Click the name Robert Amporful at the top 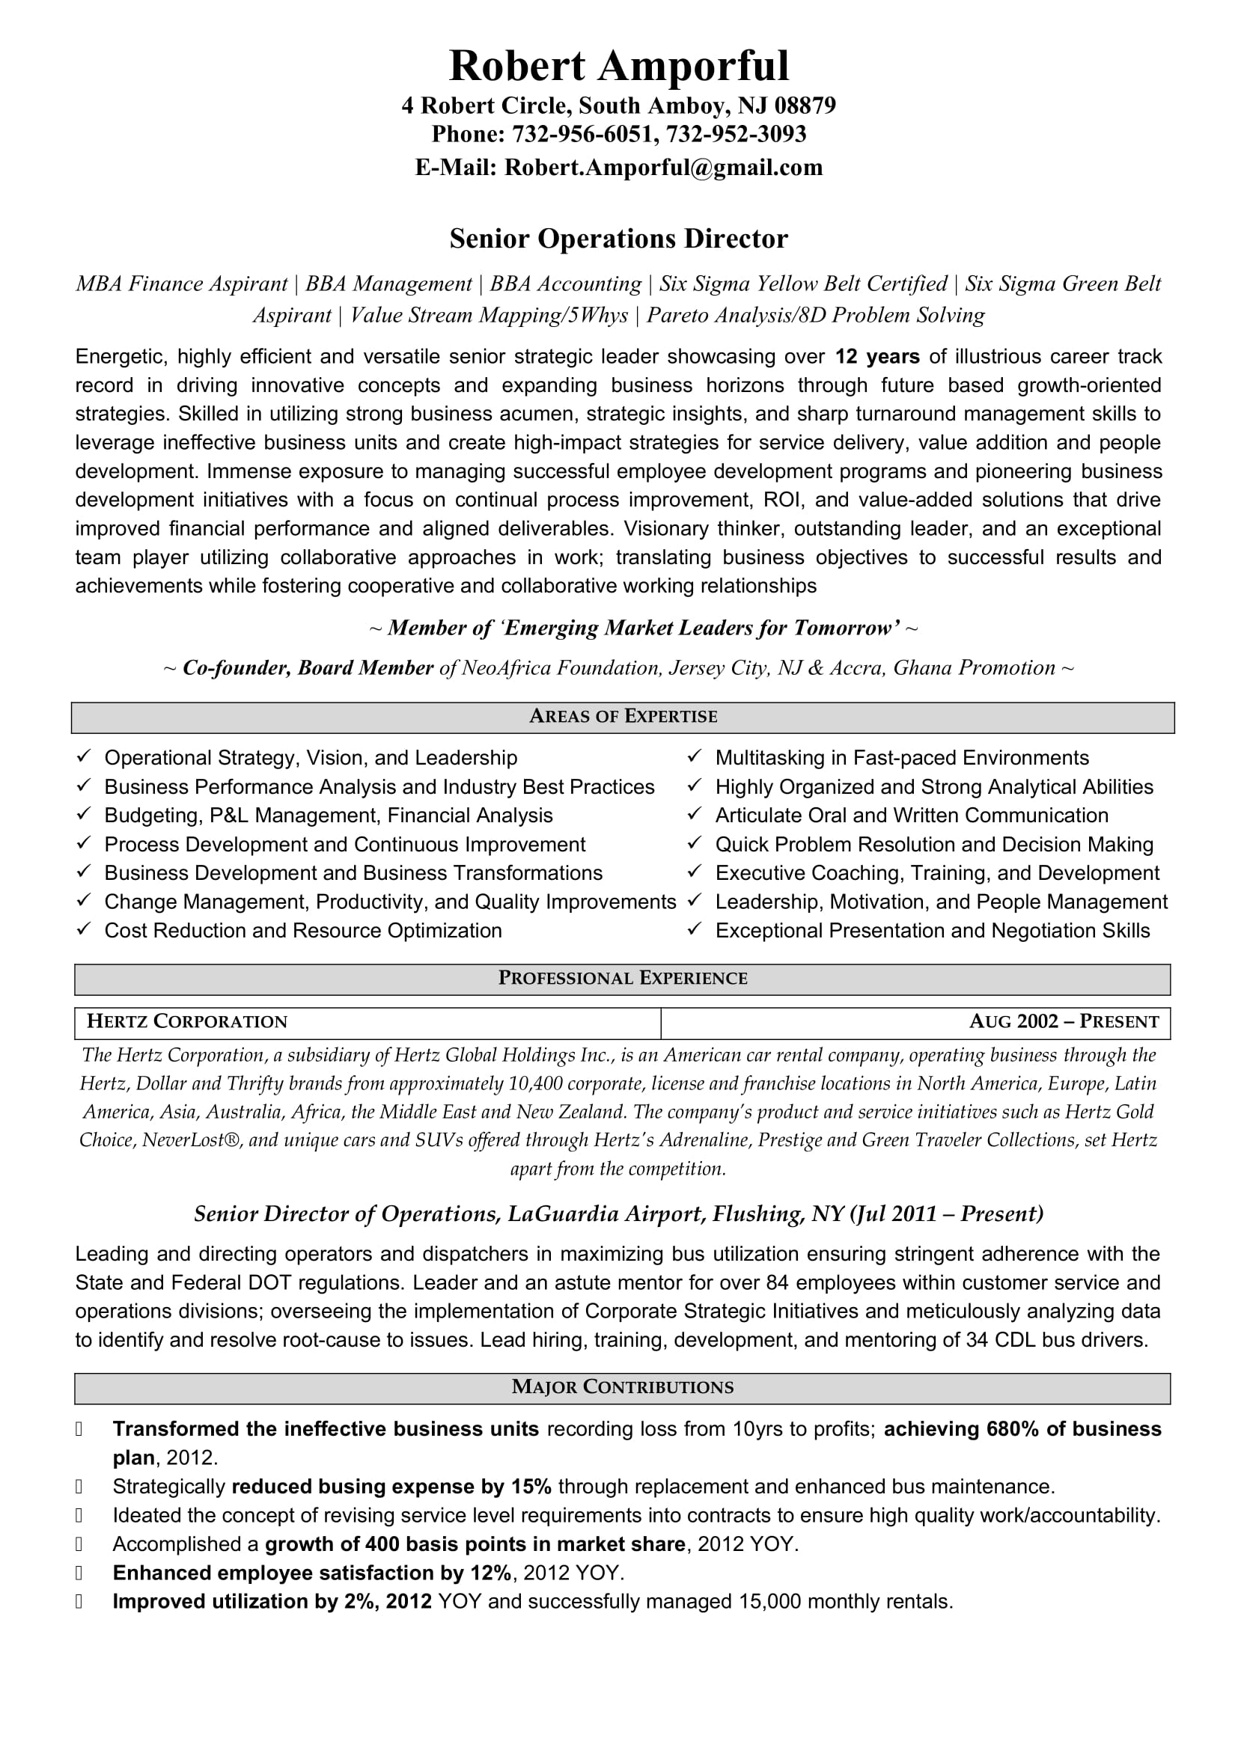click(x=619, y=66)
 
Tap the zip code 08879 click(x=805, y=105)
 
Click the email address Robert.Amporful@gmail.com click(x=663, y=167)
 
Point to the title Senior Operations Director click(x=618, y=239)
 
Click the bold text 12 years click(x=877, y=357)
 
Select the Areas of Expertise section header click(x=623, y=717)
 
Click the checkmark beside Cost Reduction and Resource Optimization click(x=84, y=929)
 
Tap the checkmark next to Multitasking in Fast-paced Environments click(x=694, y=756)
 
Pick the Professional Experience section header click(x=623, y=979)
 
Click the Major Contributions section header click(x=623, y=1387)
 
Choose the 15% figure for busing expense click(x=531, y=1487)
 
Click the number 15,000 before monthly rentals click(x=770, y=1601)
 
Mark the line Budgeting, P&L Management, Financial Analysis click(x=329, y=816)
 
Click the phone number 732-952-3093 click(x=736, y=134)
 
